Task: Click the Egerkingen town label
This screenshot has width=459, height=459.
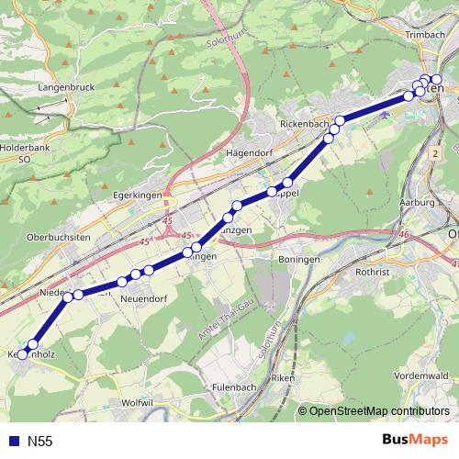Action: click(x=137, y=196)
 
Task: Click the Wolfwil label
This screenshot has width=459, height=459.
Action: click(x=137, y=402)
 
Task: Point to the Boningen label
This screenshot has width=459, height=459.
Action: click(x=298, y=260)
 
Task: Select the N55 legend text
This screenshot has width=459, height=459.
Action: click(x=39, y=442)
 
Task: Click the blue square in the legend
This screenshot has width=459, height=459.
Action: click(x=13, y=442)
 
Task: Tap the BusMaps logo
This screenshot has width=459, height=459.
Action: click(x=414, y=442)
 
